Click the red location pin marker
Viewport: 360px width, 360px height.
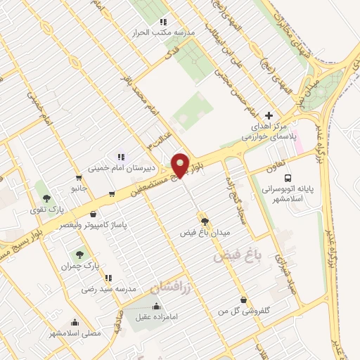tap(180, 165)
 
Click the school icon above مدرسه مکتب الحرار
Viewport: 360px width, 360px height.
tap(164, 22)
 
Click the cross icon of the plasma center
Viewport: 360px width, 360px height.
tap(269, 115)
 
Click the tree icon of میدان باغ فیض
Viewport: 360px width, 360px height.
tap(205, 221)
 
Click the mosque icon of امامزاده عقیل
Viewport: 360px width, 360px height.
tap(155, 307)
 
